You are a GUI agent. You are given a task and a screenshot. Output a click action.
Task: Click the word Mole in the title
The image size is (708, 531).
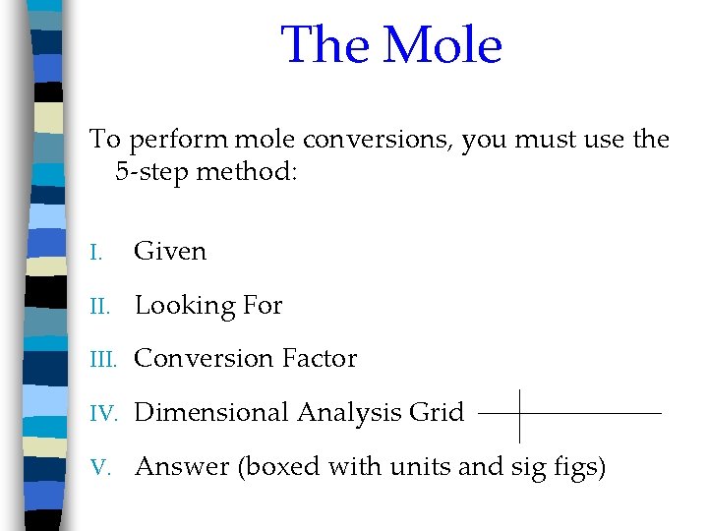443,45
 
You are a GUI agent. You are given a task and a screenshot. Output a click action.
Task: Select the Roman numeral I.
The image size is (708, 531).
95,253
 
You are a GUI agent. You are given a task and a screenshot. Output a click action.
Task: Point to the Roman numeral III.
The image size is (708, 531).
101,360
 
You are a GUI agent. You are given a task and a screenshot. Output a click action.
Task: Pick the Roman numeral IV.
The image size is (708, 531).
101,413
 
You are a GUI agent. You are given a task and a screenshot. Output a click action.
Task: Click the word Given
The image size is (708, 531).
170,252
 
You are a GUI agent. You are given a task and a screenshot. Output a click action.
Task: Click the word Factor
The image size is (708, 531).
321,359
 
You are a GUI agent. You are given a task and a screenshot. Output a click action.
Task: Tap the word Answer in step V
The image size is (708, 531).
182,467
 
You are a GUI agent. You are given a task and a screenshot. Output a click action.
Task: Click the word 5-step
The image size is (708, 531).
152,174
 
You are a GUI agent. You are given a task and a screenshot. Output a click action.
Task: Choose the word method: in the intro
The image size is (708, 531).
247,174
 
